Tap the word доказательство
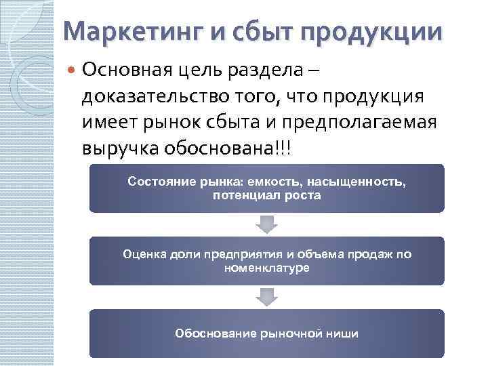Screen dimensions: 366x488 145,96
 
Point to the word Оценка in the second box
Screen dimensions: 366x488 141,255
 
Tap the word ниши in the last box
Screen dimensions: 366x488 344,333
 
